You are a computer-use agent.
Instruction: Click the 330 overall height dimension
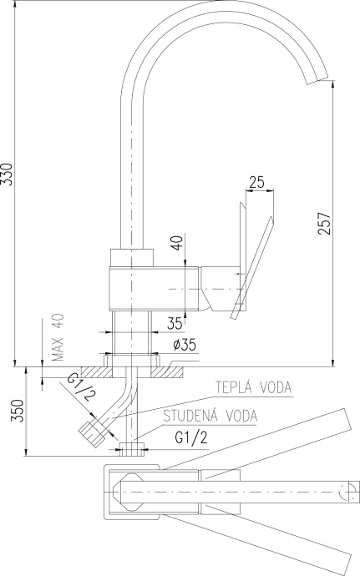coord(8,174)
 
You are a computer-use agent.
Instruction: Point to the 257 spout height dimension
coord(325,223)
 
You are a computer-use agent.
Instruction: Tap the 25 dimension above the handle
coord(257,182)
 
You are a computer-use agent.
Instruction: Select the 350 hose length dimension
coord(18,410)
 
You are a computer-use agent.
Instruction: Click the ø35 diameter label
coord(184,345)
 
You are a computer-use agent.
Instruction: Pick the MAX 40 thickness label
coord(58,337)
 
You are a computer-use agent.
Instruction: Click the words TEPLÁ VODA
coord(253,387)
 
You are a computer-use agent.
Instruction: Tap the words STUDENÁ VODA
coord(210,416)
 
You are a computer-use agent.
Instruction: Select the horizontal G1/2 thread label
coord(191,437)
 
